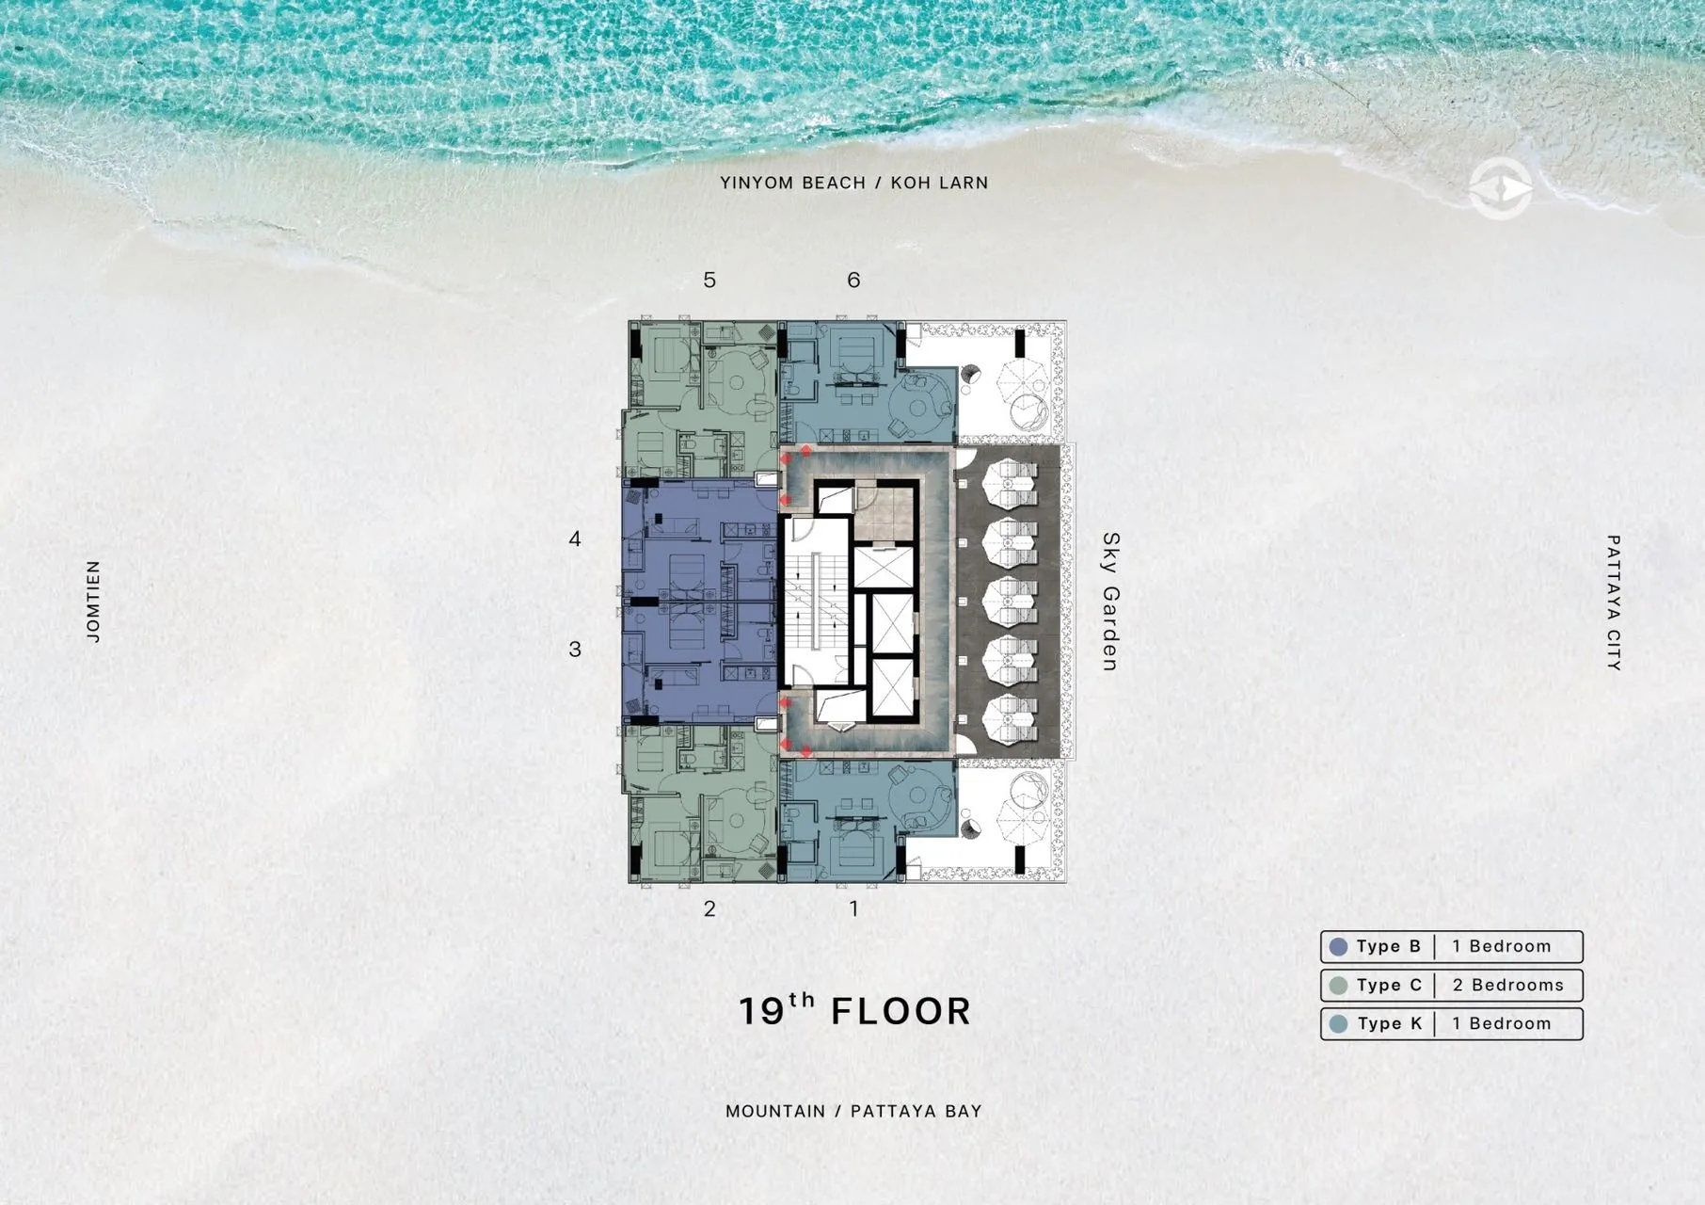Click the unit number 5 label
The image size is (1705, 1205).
(709, 280)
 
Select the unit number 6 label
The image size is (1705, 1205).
(853, 280)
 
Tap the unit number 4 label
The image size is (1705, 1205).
(575, 538)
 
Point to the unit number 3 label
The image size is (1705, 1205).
(575, 649)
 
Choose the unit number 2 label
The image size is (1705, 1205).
(709, 908)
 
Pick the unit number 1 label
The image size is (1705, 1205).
(853, 908)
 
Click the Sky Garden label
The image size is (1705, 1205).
(1110, 602)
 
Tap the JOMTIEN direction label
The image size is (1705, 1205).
(93, 602)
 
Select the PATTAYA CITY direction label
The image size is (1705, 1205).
(1613, 602)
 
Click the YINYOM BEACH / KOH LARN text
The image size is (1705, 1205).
(854, 183)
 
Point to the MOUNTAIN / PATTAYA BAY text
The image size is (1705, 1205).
(853, 1111)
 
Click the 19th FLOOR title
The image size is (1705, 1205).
(854, 1009)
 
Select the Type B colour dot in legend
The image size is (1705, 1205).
(1338, 946)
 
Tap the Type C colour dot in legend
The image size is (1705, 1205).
(1338, 986)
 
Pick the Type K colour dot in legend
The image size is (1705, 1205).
(1338, 1024)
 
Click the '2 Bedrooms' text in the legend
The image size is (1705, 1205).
(1507, 985)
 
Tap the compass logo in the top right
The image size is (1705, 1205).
(1500, 189)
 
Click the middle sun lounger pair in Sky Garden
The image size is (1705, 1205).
(1010, 602)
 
